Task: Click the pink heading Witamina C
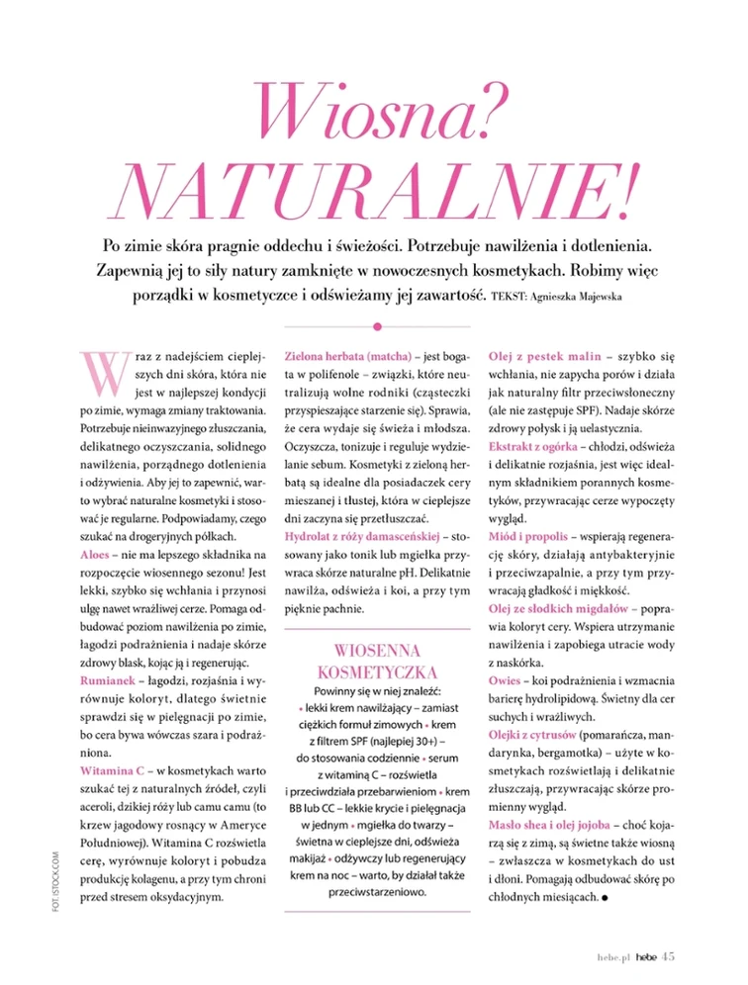click(113, 768)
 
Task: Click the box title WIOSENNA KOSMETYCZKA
click(377, 662)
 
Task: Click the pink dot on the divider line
click(377, 325)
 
